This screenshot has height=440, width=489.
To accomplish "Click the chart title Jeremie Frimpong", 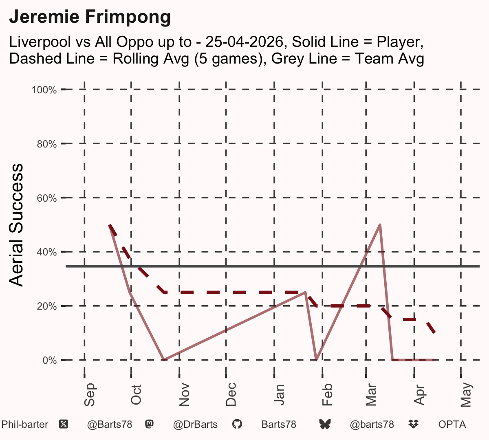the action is coord(90,17).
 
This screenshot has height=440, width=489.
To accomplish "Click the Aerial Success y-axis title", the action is coord(16,225).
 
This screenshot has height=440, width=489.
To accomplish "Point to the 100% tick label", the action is coord(44,90).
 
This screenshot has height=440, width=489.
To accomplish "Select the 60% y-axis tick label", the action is coord(46,198).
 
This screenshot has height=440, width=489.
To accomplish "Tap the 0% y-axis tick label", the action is coord(50,360).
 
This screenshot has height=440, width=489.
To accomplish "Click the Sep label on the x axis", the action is coord(89,395).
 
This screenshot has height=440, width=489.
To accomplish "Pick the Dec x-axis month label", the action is coord(231,394).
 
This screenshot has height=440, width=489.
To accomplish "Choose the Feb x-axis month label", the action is coord(327,395).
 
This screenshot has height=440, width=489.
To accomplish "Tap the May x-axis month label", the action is coord(466,395).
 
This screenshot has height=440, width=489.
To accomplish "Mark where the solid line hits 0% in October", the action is coord(164,360).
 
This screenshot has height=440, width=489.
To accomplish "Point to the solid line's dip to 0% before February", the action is coord(316,360).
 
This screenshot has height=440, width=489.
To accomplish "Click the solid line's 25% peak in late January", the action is coord(305,292).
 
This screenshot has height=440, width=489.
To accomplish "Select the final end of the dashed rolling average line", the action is coord(434,332).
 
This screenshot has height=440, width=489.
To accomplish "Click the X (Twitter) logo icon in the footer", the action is coord(64,425).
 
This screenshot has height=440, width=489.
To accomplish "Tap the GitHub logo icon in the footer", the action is coord(237,425).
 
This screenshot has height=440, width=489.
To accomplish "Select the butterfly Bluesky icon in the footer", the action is coord(325,425).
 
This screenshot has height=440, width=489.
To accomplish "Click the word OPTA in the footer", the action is coord(452,425).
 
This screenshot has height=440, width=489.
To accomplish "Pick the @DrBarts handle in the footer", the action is coord(195,425).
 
